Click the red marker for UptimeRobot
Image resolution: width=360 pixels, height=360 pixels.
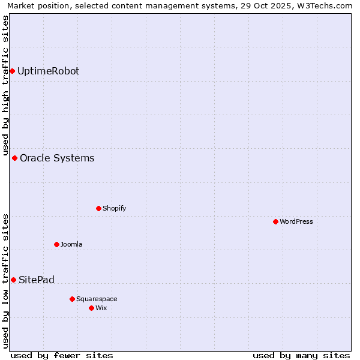pyautogui.click(x=12, y=71)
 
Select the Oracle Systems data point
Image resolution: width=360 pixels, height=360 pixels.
pyautogui.click(x=14, y=158)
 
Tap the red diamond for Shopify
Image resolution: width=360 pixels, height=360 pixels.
pyautogui.click(x=98, y=209)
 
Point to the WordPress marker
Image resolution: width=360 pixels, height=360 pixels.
pyautogui.click(x=275, y=222)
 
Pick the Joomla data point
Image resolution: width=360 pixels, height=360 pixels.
pyautogui.click(x=56, y=245)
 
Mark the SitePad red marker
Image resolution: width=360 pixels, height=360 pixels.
pyautogui.click(x=13, y=280)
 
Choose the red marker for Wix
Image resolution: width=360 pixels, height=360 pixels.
pyautogui.click(x=91, y=308)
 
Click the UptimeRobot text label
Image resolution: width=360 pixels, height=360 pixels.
pyautogui.click(x=48, y=71)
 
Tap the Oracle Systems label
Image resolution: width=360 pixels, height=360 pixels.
pyautogui.click(x=57, y=158)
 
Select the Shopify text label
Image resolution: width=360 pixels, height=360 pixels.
pyautogui.click(x=114, y=209)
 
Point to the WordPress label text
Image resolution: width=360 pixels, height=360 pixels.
pyautogui.click(x=296, y=222)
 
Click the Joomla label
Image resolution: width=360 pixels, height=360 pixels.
pyautogui.click(x=71, y=245)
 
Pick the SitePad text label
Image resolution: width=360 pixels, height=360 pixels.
pyautogui.click(x=37, y=280)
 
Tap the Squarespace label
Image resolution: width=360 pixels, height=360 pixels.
pyautogui.click(x=97, y=299)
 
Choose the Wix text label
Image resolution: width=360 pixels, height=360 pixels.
pyautogui.click(x=101, y=308)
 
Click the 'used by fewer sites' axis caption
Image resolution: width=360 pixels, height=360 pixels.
pyautogui.click(x=62, y=355)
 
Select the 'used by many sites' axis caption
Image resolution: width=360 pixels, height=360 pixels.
pyautogui.click(x=301, y=355)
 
